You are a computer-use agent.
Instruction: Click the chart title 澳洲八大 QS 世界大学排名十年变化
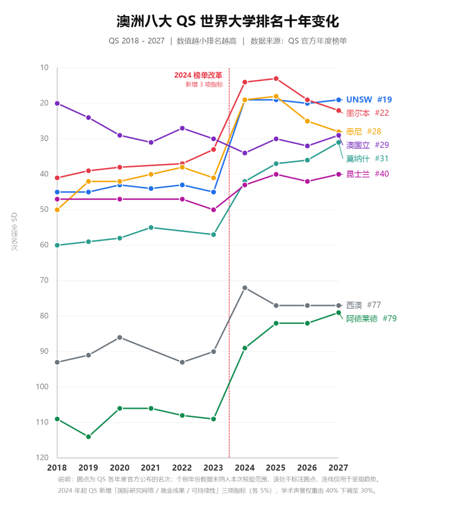(x=228, y=21)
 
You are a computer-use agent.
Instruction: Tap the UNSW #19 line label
(x=369, y=100)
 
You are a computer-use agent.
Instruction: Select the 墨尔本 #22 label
(x=367, y=113)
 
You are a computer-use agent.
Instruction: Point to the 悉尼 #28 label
(x=364, y=131)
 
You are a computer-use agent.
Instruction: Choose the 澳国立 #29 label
(x=367, y=145)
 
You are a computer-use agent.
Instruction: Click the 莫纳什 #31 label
(x=367, y=158)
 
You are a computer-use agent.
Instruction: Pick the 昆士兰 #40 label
(x=367, y=174)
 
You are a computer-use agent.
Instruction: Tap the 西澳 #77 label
(x=364, y=305)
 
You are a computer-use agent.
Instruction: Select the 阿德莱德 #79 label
(x=371, y=318)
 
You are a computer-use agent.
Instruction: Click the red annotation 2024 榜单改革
(x=198, y=75)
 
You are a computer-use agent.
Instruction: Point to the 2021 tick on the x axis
(x=151, y=468)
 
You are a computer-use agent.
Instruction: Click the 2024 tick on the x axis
(x=244, y=468)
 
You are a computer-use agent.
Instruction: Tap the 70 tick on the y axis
(x=44, y=280)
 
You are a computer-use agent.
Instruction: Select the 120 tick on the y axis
(x=42, y=458)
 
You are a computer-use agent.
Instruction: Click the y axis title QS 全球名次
(x=14, y=232)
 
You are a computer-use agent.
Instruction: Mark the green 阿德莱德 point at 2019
(x=88, y=437)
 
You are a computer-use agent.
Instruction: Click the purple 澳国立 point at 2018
(x=57, y=103)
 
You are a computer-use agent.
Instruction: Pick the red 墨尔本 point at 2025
(x=276, y=79)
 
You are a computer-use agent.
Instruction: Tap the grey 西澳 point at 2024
(x=245, y=288)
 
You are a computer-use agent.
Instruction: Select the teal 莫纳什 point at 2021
(x=151, y=228)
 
